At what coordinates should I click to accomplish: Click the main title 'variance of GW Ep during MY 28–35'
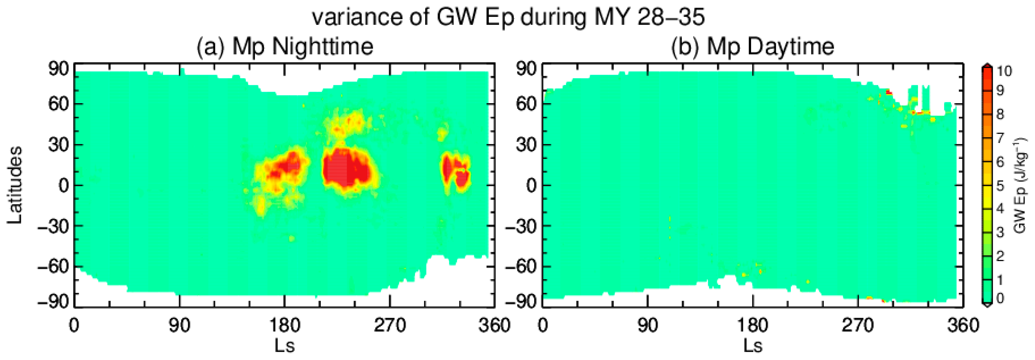point(508,17)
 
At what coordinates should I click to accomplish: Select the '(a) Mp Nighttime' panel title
point(285,47)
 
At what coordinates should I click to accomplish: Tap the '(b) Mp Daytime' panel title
point(752,47)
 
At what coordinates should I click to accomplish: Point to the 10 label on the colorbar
point(1004,71)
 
